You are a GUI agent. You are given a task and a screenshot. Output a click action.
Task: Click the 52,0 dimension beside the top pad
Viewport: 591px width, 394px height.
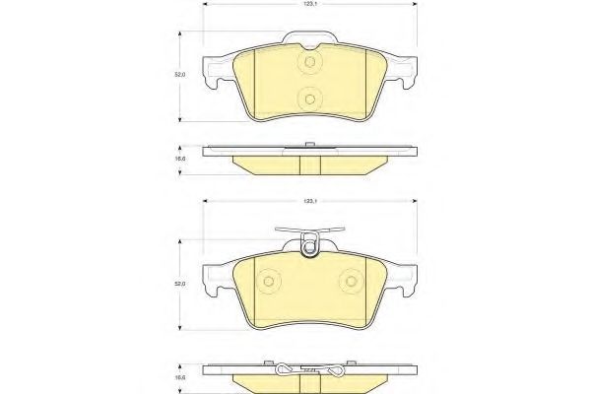click(x=178, y=73)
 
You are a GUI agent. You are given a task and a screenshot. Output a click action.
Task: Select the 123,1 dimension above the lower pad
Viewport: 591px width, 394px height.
click(x=308, y=200)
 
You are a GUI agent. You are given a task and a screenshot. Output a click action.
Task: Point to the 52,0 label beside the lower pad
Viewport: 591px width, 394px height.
click(x=178, y=285)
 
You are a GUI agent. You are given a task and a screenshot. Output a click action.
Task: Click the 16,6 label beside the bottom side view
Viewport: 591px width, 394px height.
click(x=178, y=375)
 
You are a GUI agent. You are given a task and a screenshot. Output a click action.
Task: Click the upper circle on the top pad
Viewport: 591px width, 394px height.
click(x=309, y=64)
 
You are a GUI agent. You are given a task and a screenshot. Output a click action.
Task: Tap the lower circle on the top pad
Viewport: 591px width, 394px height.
click(x=309, y=98)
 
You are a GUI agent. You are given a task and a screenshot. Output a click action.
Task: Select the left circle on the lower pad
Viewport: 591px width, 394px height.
click(x=266, y=282)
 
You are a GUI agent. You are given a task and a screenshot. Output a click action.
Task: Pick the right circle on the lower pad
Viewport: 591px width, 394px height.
click(x=352, y=282)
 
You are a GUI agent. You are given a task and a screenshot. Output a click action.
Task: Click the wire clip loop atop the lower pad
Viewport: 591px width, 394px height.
click(x=309, y=245)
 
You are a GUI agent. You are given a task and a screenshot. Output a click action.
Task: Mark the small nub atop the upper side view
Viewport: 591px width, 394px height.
click(x=309, y=146)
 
